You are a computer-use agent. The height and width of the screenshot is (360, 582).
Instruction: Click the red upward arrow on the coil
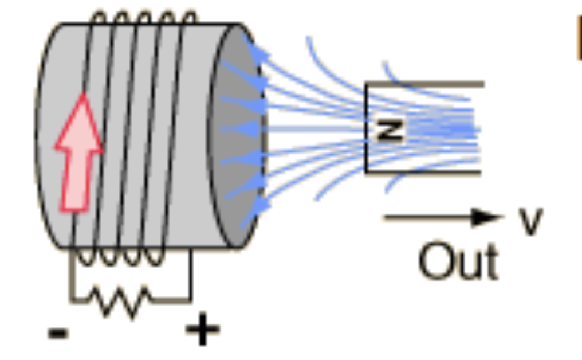[79, 154]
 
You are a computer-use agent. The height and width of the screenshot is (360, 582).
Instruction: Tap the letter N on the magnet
[390, 131]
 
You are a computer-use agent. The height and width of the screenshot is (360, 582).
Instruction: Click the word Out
[458, 262]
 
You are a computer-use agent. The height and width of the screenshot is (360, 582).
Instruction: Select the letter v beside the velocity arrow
[530, 220]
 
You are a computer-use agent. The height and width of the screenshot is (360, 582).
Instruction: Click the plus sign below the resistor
[202, 331]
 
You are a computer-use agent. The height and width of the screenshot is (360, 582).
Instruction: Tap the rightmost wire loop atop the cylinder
[189, 17]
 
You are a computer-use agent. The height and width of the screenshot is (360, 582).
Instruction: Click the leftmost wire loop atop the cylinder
[99, 17]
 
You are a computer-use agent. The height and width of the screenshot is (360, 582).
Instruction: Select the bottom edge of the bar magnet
[424, 171]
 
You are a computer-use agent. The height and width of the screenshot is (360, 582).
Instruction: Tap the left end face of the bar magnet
[367, 128]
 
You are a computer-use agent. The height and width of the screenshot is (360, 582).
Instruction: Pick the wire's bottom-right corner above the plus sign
[190, 299]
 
